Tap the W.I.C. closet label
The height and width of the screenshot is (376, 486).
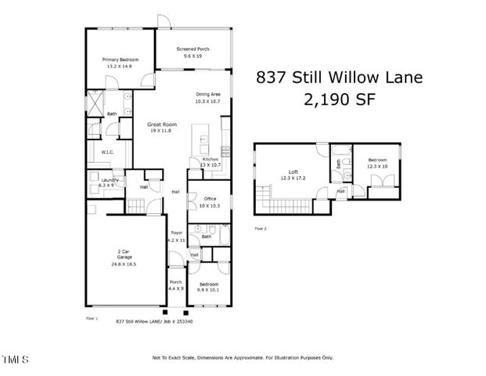tap(108, 152)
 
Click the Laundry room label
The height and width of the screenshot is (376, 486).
tap(103, 182)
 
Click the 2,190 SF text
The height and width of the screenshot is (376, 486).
tap(339, 99)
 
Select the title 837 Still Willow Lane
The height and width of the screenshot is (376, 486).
tap(339, 78)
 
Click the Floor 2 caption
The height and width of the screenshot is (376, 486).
tap(260, 228)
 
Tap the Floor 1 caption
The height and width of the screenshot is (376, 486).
tap(92, 319)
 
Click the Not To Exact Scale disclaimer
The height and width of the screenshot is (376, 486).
tap(243, 358)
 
